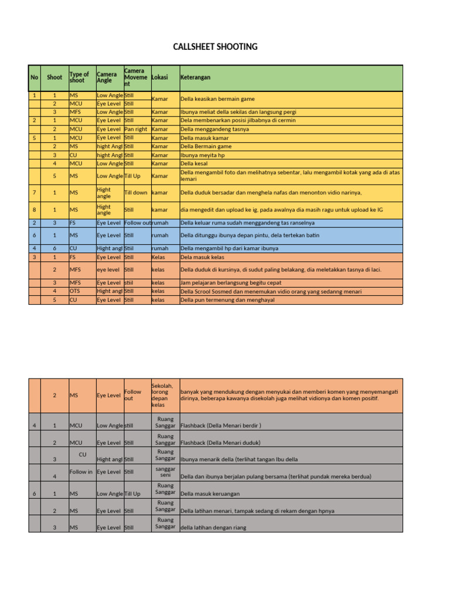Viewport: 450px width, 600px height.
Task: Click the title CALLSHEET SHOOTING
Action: (215, 47)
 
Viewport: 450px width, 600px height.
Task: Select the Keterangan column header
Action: (196, 77)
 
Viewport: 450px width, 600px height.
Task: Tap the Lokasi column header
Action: (159, 77)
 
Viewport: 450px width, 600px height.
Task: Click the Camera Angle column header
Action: (107, 77)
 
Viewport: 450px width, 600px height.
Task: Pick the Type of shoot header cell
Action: (79, 77)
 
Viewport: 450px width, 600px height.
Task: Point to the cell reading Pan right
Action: (135, 129)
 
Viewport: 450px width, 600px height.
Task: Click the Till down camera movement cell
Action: (136, 192)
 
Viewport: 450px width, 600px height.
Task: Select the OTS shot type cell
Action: (74, 291)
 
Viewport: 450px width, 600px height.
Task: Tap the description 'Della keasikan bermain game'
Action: (217, 99)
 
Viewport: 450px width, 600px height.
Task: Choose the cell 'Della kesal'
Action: (195, 164)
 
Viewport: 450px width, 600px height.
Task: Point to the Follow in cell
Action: (81, 472)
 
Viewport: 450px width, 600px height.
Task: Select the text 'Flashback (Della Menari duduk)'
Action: (220, 442)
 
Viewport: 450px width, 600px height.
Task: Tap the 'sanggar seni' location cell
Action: (165, 472)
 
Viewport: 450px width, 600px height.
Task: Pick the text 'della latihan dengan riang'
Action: (213, 527)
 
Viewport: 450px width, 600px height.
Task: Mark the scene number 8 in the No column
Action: (35, 209)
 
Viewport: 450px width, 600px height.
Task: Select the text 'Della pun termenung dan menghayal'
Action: (227, 300)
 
